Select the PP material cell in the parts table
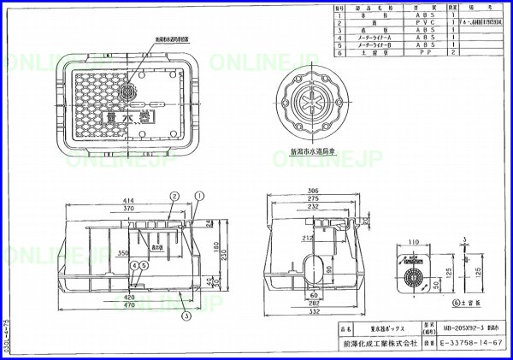pos(425,52)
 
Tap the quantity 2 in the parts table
pos(454,52)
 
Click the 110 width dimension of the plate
pos(413,242)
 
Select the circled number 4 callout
pos(133,264)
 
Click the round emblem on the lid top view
pos(128,91)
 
